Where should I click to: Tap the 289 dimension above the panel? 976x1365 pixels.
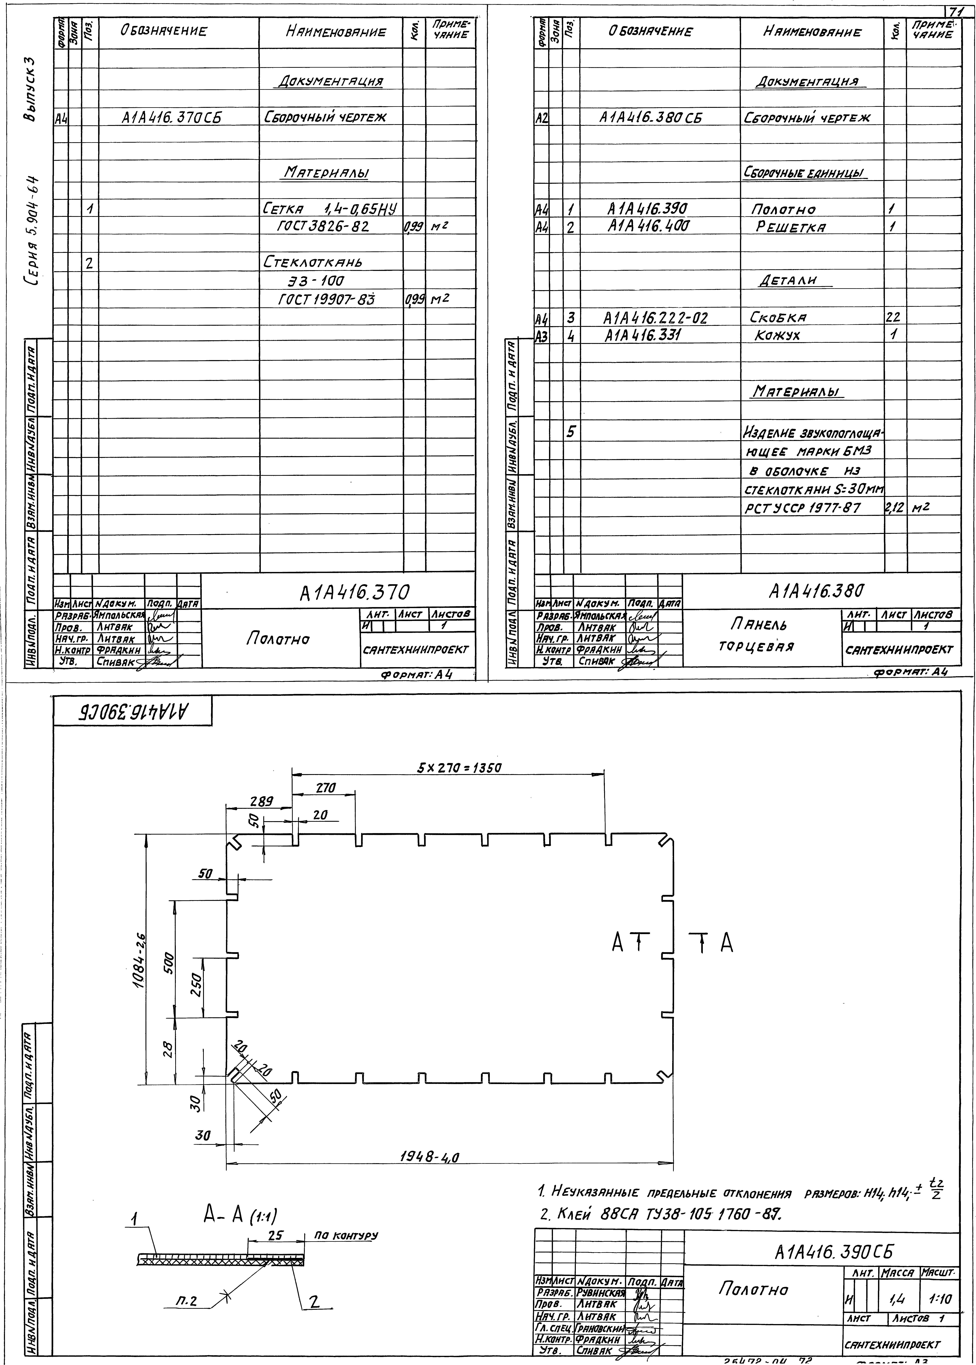pos(262,801)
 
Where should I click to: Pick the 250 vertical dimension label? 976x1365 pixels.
pos(195,984)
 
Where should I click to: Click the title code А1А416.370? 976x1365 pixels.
pos(355,593)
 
